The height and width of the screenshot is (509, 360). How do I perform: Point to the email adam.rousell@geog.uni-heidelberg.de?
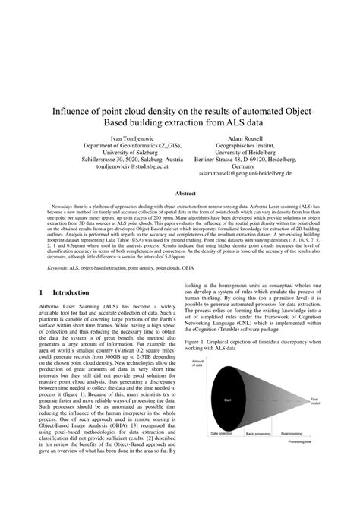click(x=245, y=174)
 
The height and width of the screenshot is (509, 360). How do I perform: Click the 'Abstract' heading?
click(x=180, y=194)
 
